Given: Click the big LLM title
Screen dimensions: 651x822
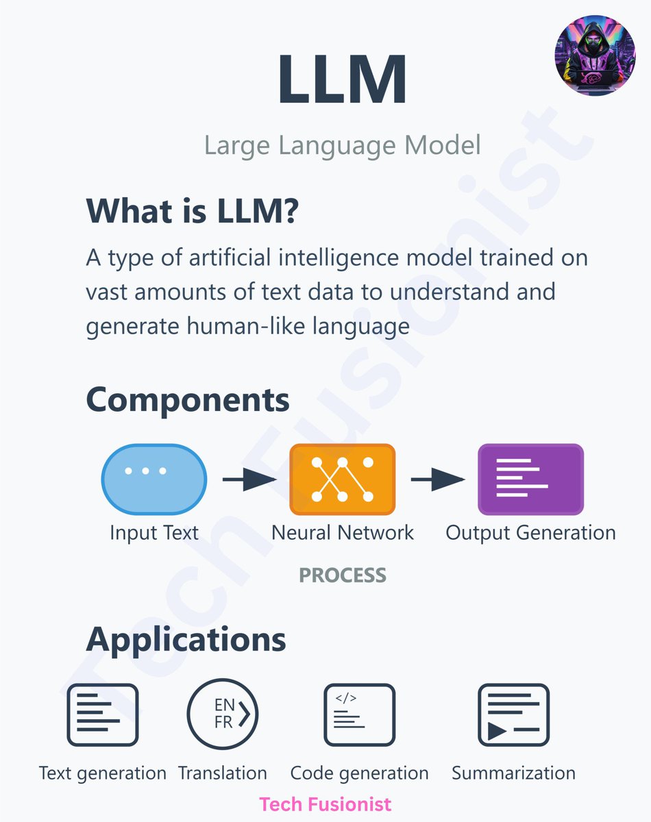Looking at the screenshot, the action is tap(342, 79).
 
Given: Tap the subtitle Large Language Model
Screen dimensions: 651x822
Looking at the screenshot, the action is tap(342, 145).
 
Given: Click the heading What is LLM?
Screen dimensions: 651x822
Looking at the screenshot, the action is tap(193, 210).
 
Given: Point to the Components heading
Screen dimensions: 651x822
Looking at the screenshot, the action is tap(188, 400).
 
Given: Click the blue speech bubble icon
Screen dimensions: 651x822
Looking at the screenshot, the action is tap(153, 480).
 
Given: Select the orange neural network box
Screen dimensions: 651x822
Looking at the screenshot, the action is tap(342, 480).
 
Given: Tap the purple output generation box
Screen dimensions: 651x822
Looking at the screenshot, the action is tap(530, 480).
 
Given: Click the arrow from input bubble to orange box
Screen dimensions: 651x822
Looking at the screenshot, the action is tap(249, 480).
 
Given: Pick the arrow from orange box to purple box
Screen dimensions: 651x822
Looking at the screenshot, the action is tap(437, 480).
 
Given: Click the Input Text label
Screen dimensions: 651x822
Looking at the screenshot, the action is tap(154, 532).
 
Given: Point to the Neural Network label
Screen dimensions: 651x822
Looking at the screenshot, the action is tap(343, 532).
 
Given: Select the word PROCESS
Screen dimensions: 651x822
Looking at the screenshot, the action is tap(343, 575).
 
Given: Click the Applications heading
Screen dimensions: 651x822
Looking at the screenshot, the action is tap(186, 640).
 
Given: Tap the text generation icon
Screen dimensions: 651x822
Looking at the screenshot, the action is tap(103, 714).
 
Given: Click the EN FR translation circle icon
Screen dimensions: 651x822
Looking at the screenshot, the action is tap(222, 714).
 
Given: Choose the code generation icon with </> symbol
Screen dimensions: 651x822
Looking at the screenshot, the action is tap(359, 714).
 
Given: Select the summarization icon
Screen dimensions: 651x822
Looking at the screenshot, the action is tap(513, 714).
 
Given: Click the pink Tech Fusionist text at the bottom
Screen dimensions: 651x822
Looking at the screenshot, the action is tap(325, 804).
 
